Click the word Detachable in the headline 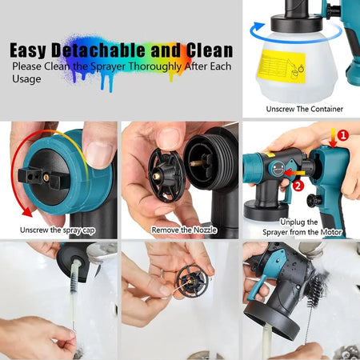coord(98,50)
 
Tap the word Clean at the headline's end coord(210,50)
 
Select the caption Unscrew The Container coord(304,109)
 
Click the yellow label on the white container coord(283,66)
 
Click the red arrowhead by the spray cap coord(27,211)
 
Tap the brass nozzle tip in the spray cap coord(46,178)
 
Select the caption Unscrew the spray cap coord(58,230)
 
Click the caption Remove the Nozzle coord(184,230)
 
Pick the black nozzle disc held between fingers coord(166,174)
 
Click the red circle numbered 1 coord(343,135)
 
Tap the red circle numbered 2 coord(298,186)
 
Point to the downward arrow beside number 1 coord(333,138)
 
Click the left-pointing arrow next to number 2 coord(294,173)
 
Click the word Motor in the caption coord(331,232)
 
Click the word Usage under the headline coord(26,79)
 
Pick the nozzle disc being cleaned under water coord(192,282)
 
